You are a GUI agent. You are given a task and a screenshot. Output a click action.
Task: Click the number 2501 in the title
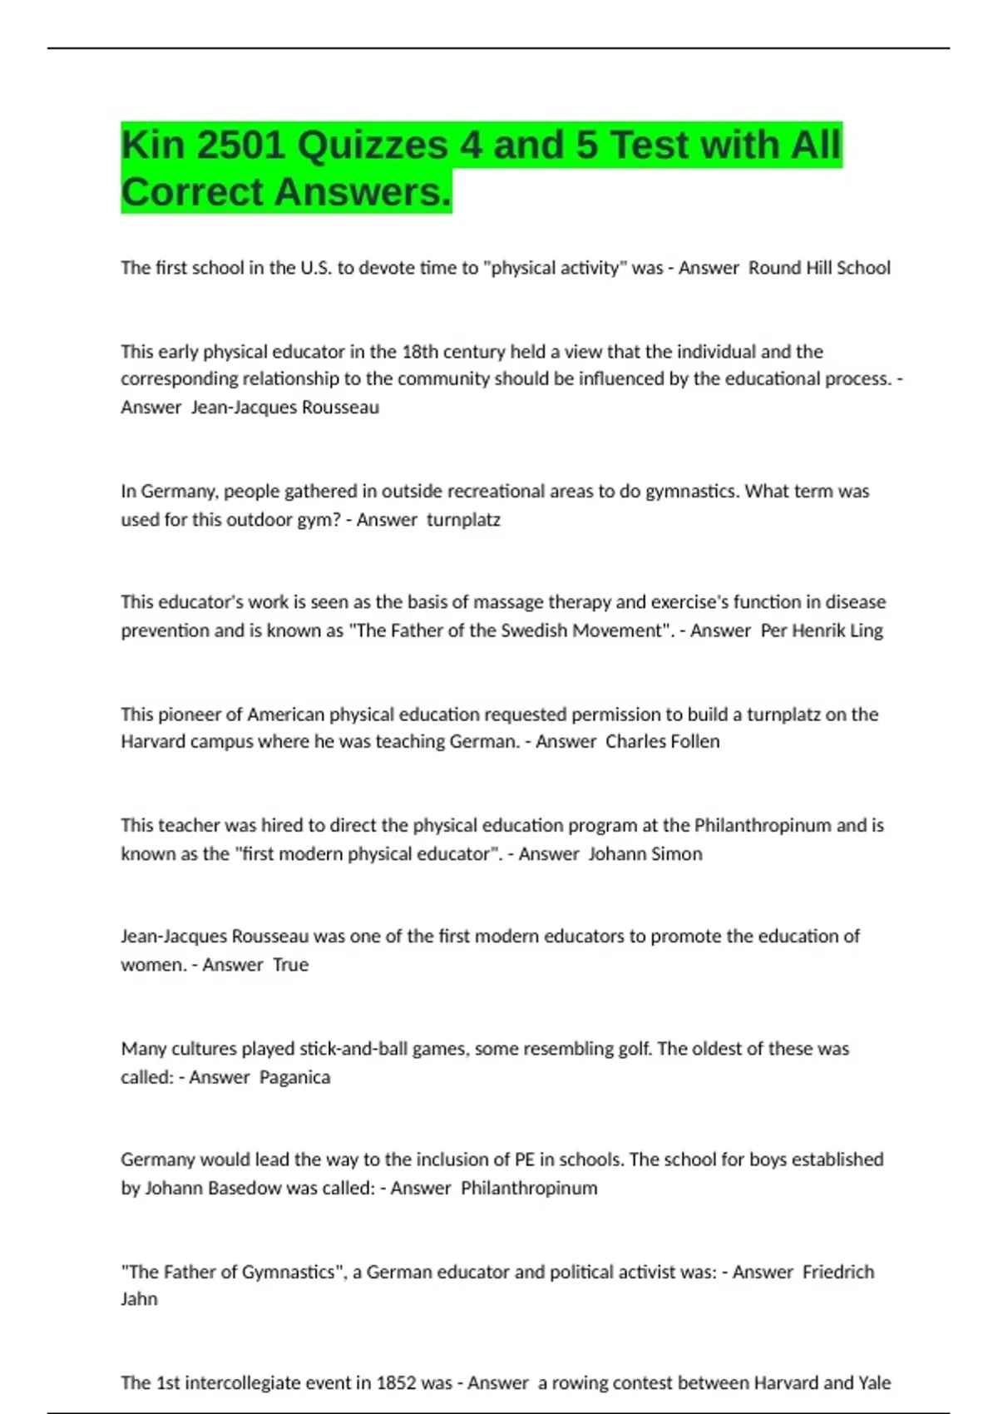[x=240, y=146]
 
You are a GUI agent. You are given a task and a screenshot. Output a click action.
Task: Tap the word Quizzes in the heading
[x=373, y=146]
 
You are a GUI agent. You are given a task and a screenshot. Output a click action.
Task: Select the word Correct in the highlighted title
[x=192, y=192]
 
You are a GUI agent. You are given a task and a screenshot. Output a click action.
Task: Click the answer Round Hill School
[x=819, y=268]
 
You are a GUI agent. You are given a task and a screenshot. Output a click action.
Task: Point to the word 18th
[x=425, y=352]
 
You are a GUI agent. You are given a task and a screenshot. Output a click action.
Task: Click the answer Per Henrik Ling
[x=822, y=630]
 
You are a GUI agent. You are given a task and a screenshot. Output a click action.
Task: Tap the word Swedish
[x=540, y=630]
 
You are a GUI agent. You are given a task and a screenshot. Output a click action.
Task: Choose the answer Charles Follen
[x=662, y=742]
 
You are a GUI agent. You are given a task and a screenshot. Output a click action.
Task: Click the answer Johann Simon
[x=645, y=854]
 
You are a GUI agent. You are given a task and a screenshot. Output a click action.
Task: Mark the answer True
[x=290, y=965]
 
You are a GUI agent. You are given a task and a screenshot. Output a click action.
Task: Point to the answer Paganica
[x=294, y=1077]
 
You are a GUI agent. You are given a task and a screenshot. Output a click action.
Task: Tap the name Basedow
[x=237, y=1188]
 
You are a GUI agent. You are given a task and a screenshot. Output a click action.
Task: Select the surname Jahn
[x=139, y=1299]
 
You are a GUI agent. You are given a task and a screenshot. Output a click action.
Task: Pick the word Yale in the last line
[x=874, y=1383]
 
